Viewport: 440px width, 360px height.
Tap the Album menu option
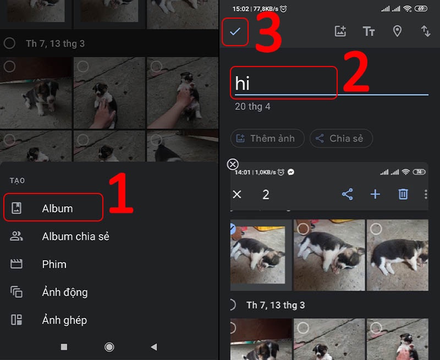click(57, 208)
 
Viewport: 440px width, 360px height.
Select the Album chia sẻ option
click(75, 236)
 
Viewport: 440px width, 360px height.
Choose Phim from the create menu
click(54, 264)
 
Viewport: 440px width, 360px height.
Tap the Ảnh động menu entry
click(64, 292)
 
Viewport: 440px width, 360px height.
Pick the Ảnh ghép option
click(64, 320)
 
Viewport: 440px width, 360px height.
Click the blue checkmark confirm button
click(235, 31)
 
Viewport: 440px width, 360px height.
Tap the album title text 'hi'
click(243, 84)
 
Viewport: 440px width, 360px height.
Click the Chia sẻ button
click(341, 139)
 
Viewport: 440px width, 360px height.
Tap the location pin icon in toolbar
click(397, 31)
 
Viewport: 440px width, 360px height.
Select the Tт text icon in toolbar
click(369, 31)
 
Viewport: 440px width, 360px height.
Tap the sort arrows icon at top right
click(426, 31)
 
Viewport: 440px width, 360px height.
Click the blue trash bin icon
click(403, 194)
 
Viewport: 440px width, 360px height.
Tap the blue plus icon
click(375, 194)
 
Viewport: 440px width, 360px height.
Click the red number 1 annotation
click(121, 194)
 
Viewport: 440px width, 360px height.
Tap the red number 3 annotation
click(269, 32)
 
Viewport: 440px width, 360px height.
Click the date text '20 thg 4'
click(252, 107)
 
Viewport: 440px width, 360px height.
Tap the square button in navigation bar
click(64, 347)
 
